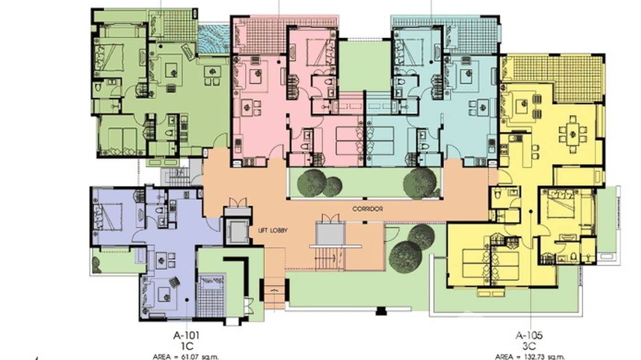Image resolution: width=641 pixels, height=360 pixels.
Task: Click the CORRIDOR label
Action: coord(367,209)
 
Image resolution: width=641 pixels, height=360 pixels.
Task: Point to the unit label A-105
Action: coord(529,335)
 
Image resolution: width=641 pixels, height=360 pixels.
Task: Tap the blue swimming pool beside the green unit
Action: coord(213,39)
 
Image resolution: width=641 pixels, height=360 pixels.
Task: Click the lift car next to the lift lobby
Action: coord(237,232)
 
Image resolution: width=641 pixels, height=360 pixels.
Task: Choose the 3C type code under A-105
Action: coord(529,345)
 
